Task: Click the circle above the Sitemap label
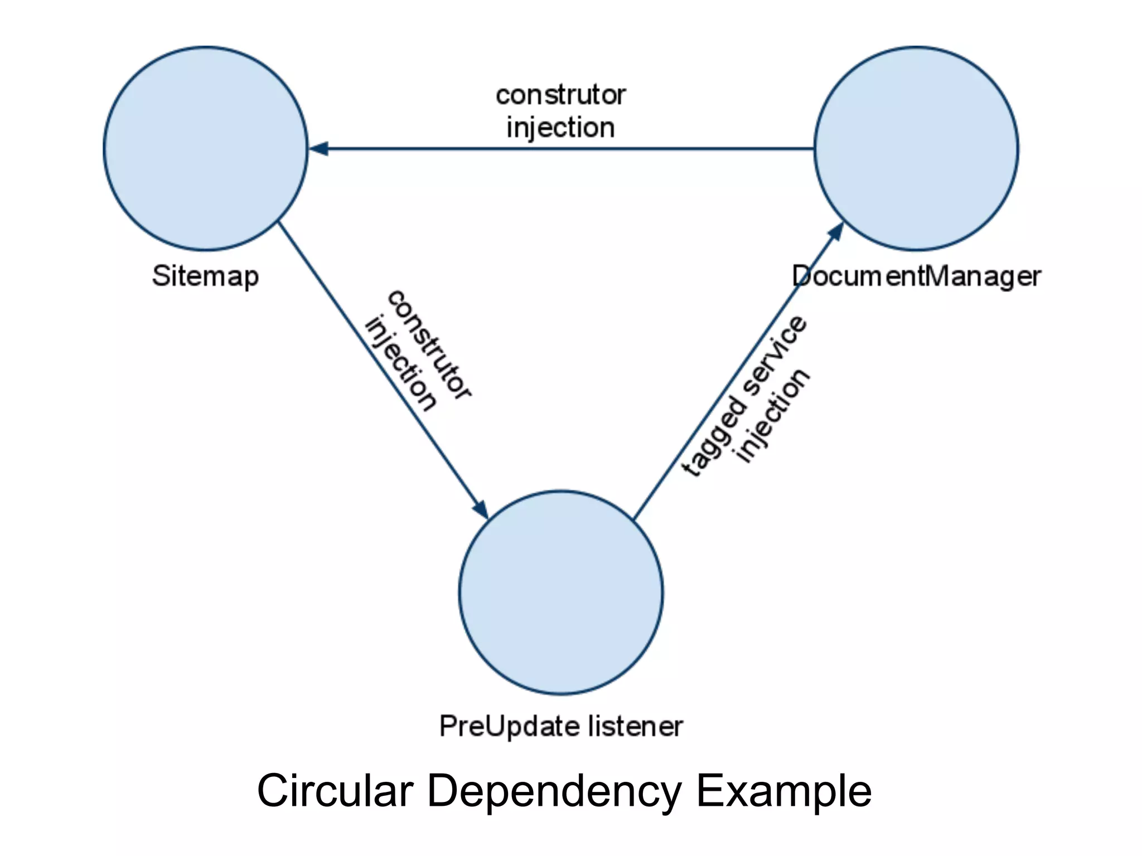[x=205, y=148]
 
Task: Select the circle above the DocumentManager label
[x=916, y=148]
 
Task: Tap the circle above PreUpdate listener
[x=561, y=592]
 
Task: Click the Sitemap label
[x=205, y=276]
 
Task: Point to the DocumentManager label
[x=916, y=276]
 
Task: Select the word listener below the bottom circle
[x=635, y=726]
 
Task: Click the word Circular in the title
[x=335, y=790]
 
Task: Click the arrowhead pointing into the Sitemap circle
[x=319, y=149]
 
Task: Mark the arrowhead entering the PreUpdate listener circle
[x=481, y=508]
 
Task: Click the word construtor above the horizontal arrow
[x=560, y=95]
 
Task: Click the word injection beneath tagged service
[x=773, y=415]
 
